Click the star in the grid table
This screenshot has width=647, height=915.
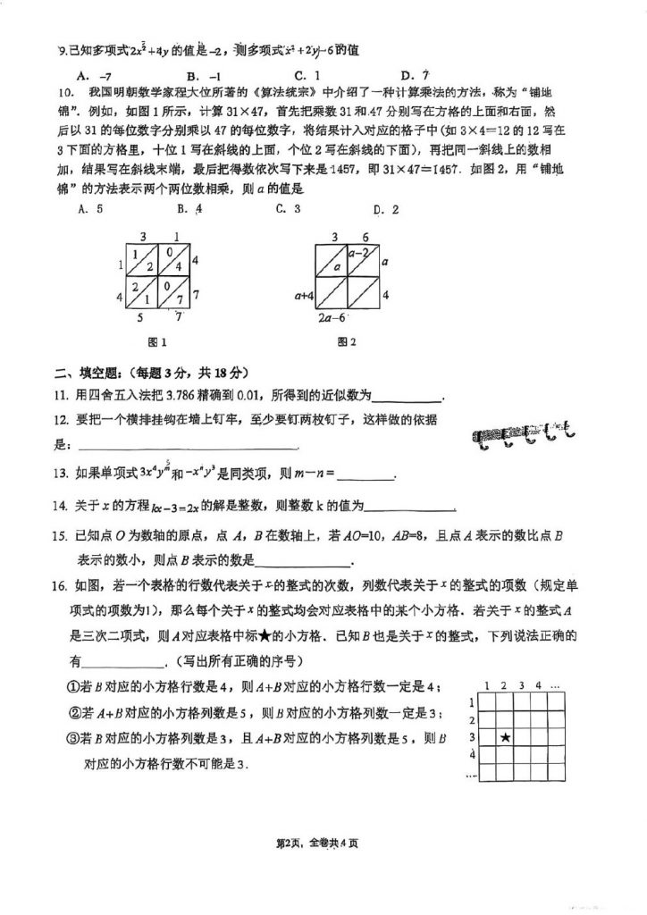point(506,738)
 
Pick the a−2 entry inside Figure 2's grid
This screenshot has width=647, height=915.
point(360,254)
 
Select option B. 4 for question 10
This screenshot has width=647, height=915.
point(189,210)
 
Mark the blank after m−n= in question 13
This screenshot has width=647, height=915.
point(366,477)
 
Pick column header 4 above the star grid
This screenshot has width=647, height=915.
point(539,685)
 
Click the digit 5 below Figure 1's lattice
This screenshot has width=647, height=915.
point(139,316)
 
